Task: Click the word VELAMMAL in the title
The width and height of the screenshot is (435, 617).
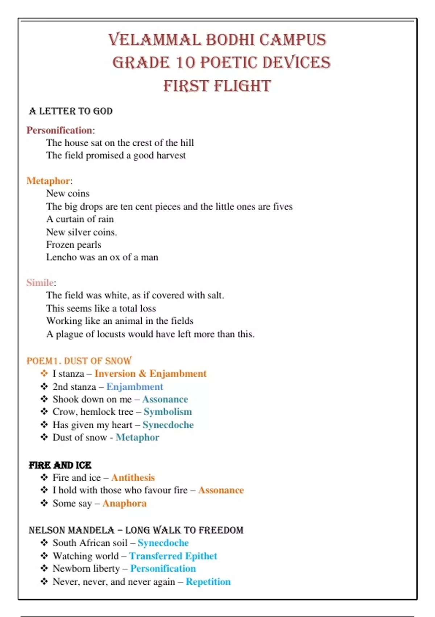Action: pos(154,40)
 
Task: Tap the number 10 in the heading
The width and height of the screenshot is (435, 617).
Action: pos(185,62)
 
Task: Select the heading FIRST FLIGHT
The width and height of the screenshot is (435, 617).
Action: pos(217,86)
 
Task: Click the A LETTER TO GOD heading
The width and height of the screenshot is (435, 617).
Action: pos(71,111)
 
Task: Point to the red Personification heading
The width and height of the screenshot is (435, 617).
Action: pos(59,130)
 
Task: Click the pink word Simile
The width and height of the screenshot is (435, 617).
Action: pos(40,283)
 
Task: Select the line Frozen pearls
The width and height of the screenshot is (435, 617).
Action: pos(74,245)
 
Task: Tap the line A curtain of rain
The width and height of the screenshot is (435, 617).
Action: pos(80,219)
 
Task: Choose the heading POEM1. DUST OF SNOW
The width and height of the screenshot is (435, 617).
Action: pos(79,361)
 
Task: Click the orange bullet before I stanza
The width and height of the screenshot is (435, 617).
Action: pos(44,373)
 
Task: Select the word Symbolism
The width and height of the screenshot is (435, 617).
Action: pos(168,412)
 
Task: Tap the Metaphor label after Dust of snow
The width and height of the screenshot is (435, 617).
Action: pos(137,437)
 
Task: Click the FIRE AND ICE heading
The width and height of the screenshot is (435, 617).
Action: pos(60,465)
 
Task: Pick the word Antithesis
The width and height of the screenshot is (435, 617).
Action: pos(133,478)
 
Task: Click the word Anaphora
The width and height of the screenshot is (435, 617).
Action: pos(124,503)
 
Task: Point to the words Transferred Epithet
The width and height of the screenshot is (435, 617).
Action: pos(173,556)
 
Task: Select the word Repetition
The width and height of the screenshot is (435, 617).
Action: pos(208,582)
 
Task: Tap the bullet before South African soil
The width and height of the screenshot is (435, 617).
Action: pos(44,543)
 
